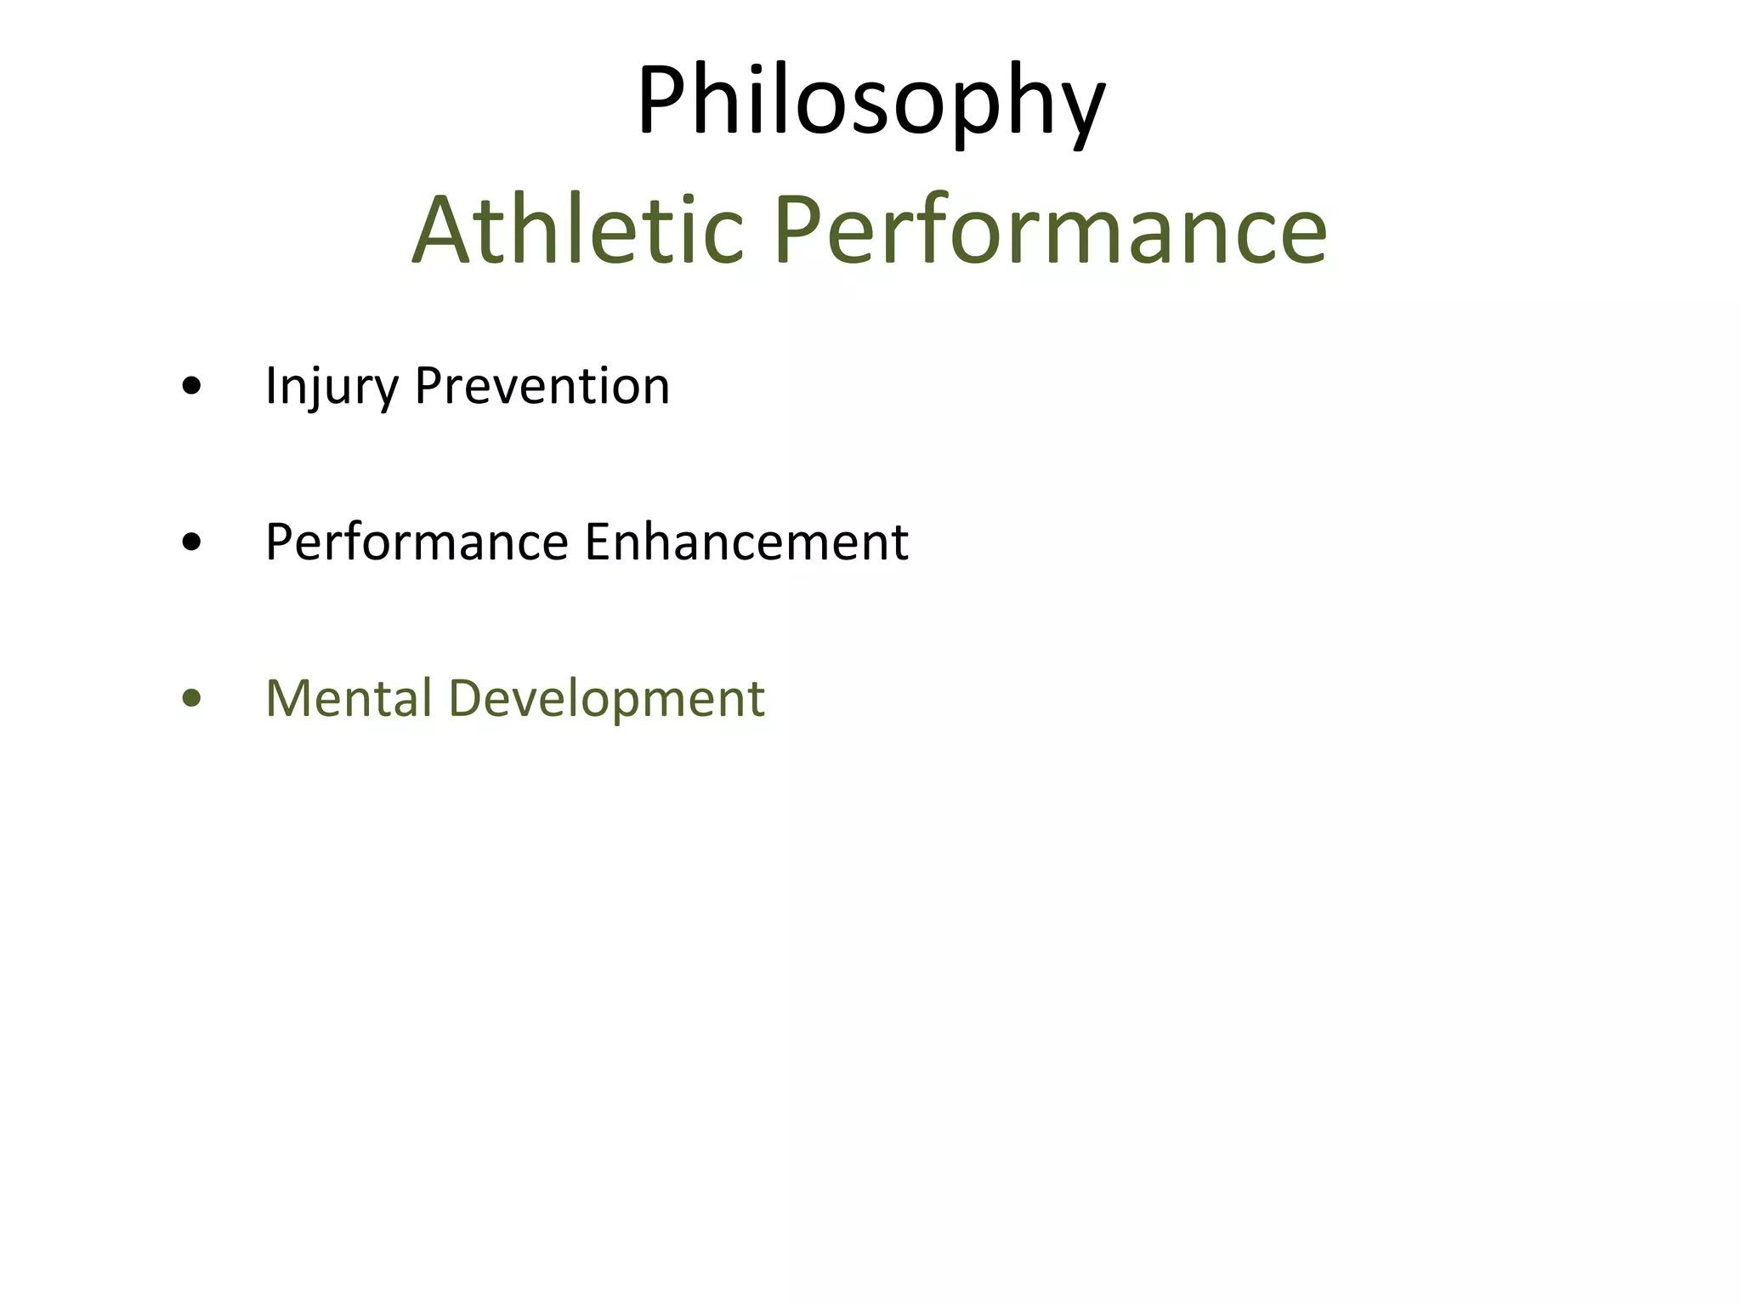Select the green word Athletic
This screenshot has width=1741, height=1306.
[578, 230]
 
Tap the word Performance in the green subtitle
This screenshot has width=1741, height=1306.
[1050, 230]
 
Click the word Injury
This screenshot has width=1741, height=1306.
[332, 387]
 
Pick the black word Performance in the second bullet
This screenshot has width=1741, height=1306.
[417, 542]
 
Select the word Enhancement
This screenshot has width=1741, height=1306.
[747, 542]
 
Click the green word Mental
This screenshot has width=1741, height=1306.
[349, 698]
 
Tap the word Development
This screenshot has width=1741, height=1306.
[606, 700]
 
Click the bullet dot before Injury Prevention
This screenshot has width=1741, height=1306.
[192, 388]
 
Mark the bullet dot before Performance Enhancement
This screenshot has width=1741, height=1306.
[192, 543]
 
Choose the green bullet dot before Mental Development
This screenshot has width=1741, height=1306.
[192, 700]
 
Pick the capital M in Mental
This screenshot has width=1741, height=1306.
[290, 698]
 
